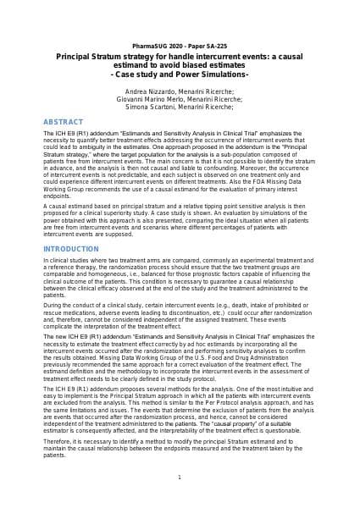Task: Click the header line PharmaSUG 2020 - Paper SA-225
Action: [x=180, y=43]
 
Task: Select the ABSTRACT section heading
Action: [x=63, y=121]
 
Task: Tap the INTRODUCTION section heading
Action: [x=70, y=248]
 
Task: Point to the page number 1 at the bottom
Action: [x=180, y=478]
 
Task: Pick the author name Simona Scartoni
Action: [x=150, y=108]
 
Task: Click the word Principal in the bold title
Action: [x=74, y=53]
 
